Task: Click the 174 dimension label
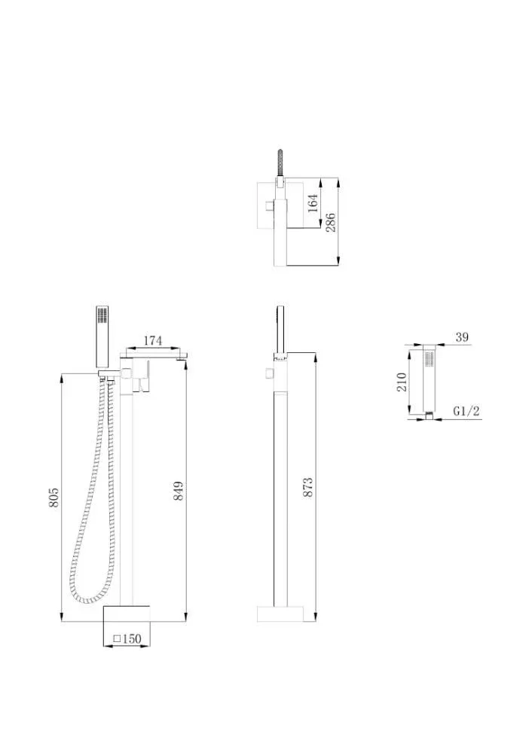[153, 340]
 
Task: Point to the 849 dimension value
[178, 491]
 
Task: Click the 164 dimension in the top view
[313, 203]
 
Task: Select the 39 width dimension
[462, 337]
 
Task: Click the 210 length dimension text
[402, 382]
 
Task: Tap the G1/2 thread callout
[466, 411]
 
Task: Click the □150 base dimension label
[127, 639]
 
